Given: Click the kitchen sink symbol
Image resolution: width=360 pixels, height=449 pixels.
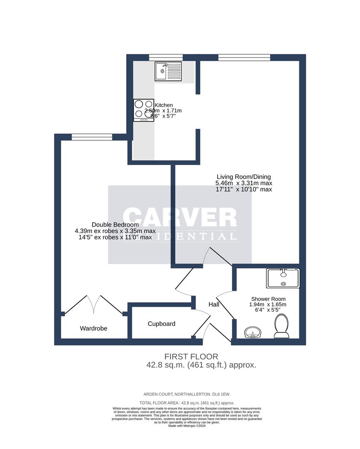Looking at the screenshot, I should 168,71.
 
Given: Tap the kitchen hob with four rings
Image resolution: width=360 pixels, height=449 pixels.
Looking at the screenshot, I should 144,110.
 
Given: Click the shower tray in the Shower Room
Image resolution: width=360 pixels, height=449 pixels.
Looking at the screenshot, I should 283,278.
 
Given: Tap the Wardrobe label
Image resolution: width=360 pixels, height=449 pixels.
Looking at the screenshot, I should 94,328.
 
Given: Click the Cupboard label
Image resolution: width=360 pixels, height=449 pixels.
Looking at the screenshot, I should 161,324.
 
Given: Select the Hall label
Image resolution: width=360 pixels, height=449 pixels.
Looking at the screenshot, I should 214,305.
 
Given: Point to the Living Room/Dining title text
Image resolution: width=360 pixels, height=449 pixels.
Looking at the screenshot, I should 243,176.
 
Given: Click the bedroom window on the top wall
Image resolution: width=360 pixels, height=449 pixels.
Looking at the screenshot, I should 92,137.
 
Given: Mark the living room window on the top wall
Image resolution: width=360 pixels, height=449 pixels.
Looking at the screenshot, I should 244,57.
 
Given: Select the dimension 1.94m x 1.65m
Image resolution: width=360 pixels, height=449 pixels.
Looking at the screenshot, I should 268,304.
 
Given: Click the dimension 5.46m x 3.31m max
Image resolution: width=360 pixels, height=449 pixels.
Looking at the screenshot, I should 243,183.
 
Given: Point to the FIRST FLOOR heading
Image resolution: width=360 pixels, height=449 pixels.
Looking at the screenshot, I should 191,356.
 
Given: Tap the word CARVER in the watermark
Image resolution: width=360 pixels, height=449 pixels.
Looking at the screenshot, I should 180,217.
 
